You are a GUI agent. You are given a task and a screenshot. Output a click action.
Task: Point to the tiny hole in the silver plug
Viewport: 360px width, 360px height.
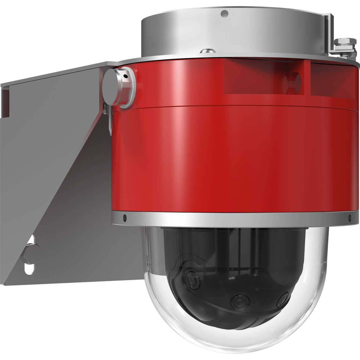coord(125,76)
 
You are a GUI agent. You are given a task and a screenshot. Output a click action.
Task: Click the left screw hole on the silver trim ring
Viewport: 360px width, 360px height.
coord(124,217)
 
